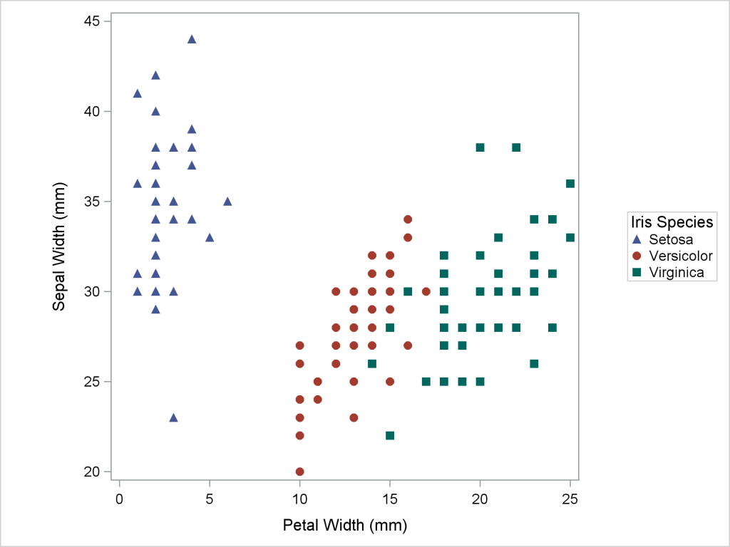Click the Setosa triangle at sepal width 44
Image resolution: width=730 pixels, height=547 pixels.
click(191, 39)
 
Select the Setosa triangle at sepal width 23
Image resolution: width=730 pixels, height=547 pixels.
click(173, 417)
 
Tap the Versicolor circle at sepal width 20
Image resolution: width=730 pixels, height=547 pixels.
click(299, 472)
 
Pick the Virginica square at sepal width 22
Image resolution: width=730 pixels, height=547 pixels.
click(390, 435)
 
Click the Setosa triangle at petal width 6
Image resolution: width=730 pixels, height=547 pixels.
click(227, 202)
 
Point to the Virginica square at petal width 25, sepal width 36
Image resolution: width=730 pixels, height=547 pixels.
click(570, 184)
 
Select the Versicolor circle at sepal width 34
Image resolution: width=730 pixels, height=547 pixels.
click(408, 219)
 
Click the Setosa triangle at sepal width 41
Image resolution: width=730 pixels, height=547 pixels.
click(138, 93)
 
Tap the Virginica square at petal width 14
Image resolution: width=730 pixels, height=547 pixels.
click(372, 363)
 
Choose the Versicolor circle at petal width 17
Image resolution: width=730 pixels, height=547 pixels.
click(426, 291)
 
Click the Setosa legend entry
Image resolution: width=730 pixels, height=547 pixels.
click(666, 239)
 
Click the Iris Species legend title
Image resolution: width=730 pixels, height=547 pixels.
click(669, 222)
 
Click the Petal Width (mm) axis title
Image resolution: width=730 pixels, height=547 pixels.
click(345, 526)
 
